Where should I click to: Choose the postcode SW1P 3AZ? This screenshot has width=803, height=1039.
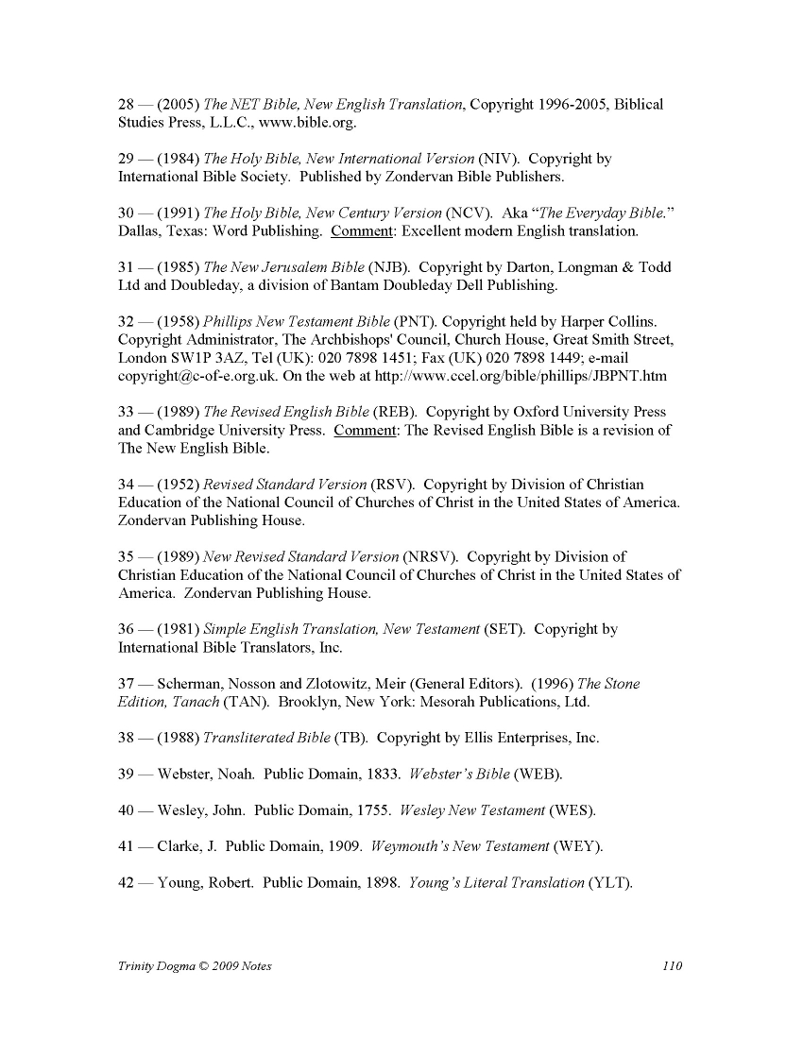(x=200, y=358)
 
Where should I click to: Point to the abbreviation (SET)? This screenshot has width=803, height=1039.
(x=504, y=629)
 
